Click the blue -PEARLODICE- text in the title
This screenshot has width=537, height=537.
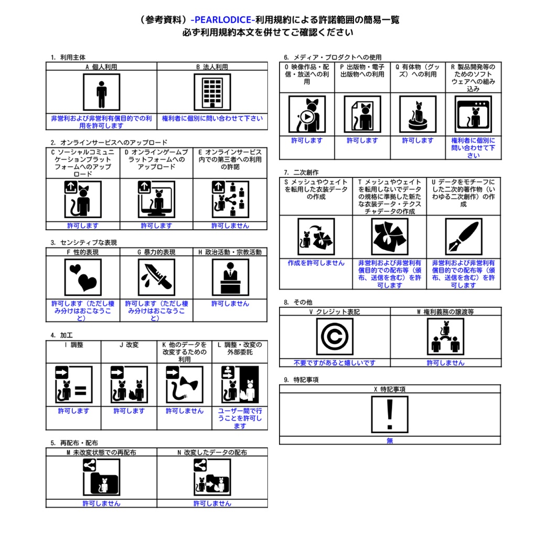pos(223,20)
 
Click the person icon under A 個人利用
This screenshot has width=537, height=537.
pos(101,92)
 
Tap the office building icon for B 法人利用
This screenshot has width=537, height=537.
pos(212,92)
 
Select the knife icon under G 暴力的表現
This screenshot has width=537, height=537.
pos(156,277)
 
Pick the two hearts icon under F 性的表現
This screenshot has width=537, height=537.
pos(83,277)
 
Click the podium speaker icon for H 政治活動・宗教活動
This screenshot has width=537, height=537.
pos(230,277)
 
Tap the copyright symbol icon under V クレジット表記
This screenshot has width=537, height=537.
pos(335,337)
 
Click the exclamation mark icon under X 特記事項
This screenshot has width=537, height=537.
pos(390,414)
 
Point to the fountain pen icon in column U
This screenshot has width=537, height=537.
pos(464,237)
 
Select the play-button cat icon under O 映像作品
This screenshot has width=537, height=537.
pos(307,114)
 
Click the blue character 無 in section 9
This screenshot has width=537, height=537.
pos(390,441)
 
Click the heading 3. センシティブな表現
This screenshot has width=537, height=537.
pos(83,242)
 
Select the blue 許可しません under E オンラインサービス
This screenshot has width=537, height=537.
pos(230,225)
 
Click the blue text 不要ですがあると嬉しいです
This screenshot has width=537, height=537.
pos(335,363)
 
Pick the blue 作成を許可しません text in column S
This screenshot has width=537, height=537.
pos(316,263)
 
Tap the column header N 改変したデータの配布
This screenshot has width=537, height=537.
pos(212,453)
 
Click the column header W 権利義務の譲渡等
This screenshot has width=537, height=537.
pos(445,312)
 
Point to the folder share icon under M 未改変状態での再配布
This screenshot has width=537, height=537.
pos(101,477)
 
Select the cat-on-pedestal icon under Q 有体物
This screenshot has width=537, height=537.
pos(418,114)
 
